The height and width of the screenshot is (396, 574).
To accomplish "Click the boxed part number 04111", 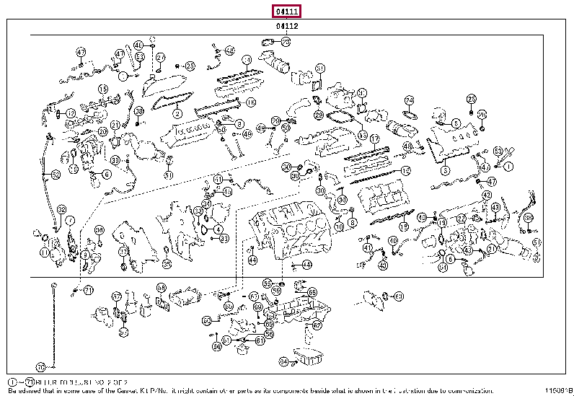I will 286,11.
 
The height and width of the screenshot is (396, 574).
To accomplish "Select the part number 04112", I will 286,26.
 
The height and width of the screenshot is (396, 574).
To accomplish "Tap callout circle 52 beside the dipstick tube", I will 56,175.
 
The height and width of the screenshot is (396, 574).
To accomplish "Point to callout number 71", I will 88,290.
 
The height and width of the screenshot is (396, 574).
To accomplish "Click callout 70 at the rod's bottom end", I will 40,366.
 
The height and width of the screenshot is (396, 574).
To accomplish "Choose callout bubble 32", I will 61,208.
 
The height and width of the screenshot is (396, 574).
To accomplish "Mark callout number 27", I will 160,58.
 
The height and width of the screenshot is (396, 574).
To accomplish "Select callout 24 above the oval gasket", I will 409,100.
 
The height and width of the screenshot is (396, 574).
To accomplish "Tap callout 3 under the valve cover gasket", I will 445,171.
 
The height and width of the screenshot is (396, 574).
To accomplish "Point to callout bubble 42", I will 487,195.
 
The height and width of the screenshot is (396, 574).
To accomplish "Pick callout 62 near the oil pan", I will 317,325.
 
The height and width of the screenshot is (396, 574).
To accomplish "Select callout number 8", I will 352,224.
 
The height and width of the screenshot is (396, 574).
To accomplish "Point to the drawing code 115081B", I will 557,390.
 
